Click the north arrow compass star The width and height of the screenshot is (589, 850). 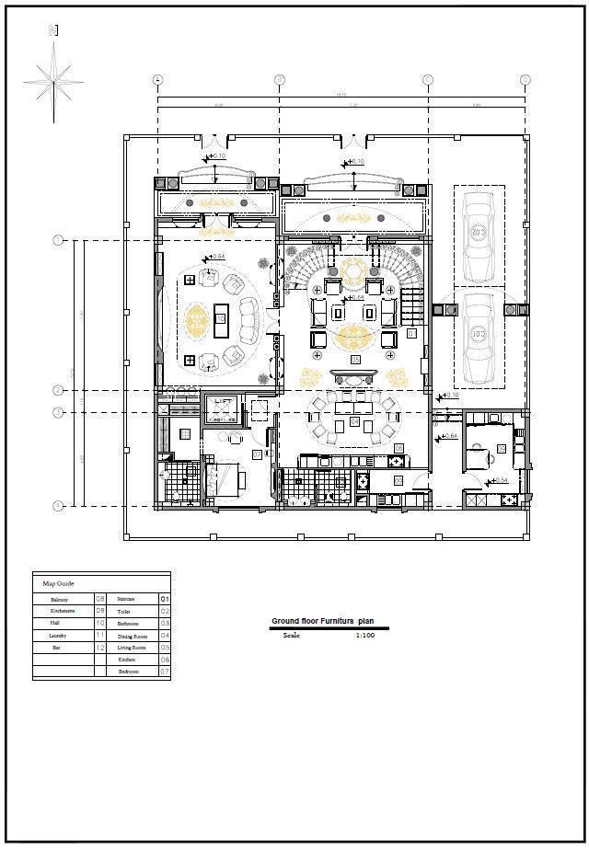point(53,81)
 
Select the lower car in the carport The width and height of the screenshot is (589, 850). point(478,336)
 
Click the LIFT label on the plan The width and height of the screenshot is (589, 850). point(222,402)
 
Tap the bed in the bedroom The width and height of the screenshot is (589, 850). point(224,477)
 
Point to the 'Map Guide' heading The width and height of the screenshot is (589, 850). point(58,583)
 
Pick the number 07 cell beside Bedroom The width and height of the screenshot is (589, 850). point(165,672)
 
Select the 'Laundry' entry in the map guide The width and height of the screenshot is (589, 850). point(59,635)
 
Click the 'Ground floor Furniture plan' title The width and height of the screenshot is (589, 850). point(322,622)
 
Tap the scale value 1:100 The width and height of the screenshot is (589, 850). point(364,635)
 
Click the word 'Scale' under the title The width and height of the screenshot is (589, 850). point(291,635)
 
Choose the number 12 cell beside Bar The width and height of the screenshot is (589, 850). point(99,648)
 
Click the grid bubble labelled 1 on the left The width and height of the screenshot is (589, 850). point(58,241)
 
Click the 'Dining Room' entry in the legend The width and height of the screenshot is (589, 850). point(132,636)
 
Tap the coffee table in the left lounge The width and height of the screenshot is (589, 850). point(220,318)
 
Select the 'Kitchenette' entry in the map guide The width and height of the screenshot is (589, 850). point(62,611)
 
